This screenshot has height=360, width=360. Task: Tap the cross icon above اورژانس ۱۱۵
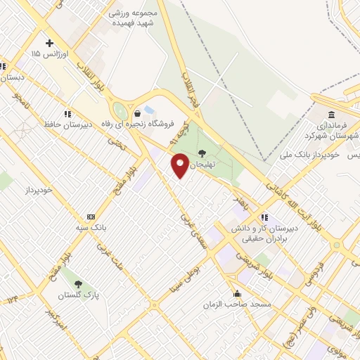coord(49,42)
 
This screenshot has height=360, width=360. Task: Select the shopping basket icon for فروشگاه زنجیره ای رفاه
coord(137,112)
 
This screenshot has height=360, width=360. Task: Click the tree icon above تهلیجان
coord(202,152)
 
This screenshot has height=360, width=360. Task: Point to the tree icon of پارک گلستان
coord(88,283)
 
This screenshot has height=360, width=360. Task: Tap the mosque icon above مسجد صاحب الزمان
coord(237,293)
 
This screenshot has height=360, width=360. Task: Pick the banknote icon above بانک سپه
coord(91,217)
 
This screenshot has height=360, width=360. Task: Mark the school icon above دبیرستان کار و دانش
coord(264,217)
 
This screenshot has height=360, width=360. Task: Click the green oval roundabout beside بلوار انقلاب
coord(120,111)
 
